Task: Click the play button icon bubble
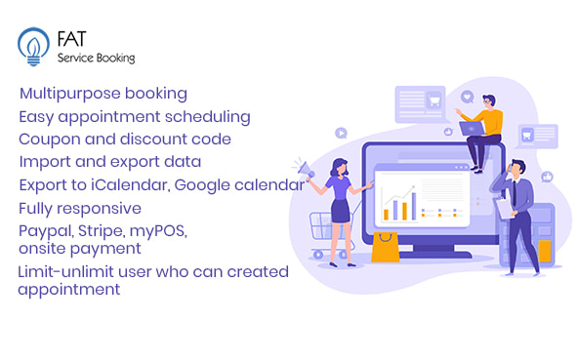coord(341,132)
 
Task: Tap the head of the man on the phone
coord(516,170)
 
